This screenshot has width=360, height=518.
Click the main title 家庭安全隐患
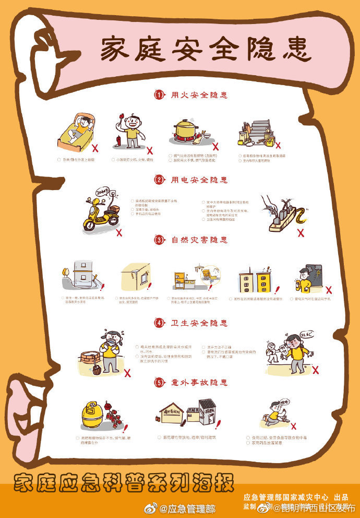[206, 49]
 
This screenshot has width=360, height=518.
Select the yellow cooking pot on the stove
[186, 130]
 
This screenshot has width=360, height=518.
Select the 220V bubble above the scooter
[103, 191]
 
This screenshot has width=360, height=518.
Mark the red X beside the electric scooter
[119, 231]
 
